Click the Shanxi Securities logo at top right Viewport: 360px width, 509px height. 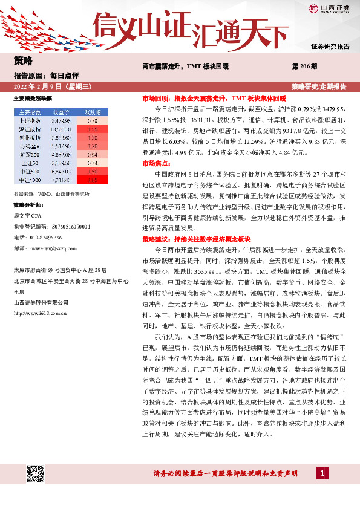coord(329,9)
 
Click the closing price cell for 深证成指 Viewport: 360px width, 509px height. coord(61,129)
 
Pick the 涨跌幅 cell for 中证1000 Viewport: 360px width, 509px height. coord(92,180)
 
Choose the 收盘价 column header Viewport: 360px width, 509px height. coord(61,112)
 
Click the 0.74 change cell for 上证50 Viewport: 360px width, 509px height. coord(92,163)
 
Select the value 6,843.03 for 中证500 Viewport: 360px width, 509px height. coord(61,171)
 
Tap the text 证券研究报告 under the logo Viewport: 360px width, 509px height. coord(330,46)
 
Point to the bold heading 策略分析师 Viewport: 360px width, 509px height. coord(27,205)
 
